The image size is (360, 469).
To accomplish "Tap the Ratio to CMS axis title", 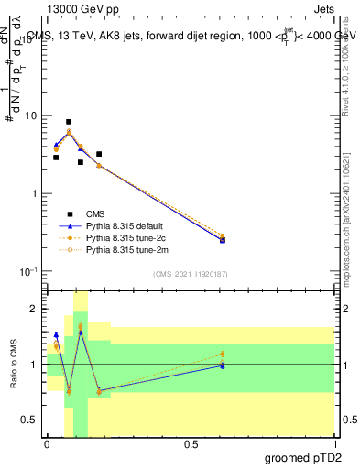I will coord(15,365).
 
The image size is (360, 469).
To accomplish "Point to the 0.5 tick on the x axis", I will coord(190,444).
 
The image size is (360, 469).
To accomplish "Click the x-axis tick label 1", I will coord(333,444).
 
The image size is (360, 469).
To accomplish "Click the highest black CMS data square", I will coord(69,122).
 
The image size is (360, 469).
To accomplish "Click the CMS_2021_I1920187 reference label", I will coord(190,273).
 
